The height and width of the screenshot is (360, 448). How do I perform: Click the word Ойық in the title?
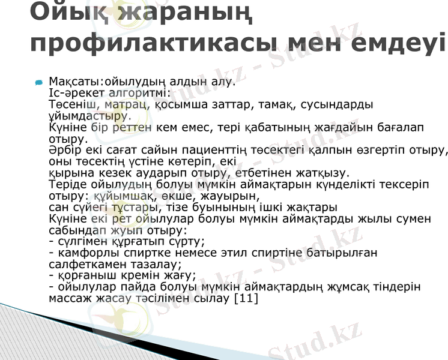pos(65,13)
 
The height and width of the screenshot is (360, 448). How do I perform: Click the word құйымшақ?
pos(118,196)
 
